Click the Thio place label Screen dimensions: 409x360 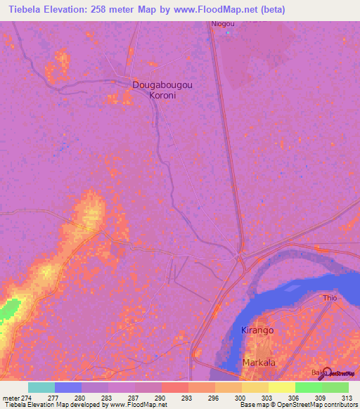click(x=330, y=298)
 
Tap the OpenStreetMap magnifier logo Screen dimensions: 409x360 click(x=326, y=372)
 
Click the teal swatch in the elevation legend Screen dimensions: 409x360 click(x=41, y=387)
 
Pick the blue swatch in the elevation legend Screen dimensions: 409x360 click(x=68, y=387)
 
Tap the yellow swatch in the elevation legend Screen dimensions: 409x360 click(x=281, y=387)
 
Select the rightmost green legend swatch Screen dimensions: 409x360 click(x=335, y=387)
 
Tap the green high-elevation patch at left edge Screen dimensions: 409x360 click(x=8, y=309)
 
